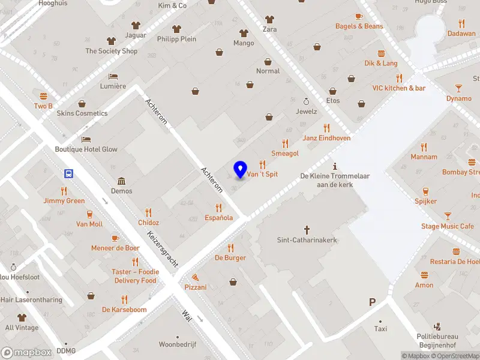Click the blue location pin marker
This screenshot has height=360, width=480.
tap(240, 169)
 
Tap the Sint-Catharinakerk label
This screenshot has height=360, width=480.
tap(307, 240)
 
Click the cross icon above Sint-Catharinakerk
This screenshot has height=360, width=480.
tap(307, 229)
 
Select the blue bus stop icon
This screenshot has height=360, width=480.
tap(69, 174)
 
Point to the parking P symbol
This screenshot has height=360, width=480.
tap(373, 303)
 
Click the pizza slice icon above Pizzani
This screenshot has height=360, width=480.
tap(196, 277)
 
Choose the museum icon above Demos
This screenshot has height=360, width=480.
tap(121, 181)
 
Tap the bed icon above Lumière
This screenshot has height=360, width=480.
tap(113, 76)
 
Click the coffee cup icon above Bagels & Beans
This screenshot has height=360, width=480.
tap(359, 16)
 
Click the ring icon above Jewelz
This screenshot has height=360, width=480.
tap(306, 101)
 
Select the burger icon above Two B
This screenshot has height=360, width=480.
tap(43, 96)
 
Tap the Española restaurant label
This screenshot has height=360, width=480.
tap(218, 218)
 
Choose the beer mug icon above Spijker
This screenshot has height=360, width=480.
tap(425, 191)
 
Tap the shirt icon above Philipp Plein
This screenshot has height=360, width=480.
tap(176, 29)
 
